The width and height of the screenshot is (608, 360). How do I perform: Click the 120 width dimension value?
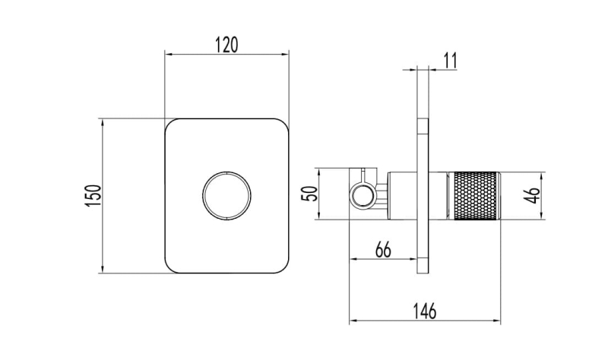[226, 44]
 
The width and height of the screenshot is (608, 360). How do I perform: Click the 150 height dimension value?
[93, 195]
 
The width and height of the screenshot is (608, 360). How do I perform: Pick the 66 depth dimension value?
[383, 250]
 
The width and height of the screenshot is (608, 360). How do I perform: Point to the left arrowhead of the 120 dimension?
[168, 54]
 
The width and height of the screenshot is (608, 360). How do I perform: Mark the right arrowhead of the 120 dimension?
[287, 54]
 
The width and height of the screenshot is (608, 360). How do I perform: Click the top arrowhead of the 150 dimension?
[102, 121]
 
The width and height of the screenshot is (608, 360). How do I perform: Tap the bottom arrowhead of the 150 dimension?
[102, 270]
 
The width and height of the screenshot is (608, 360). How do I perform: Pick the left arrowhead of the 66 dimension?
[352, 260]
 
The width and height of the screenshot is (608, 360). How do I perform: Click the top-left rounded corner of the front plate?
[170, 124]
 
